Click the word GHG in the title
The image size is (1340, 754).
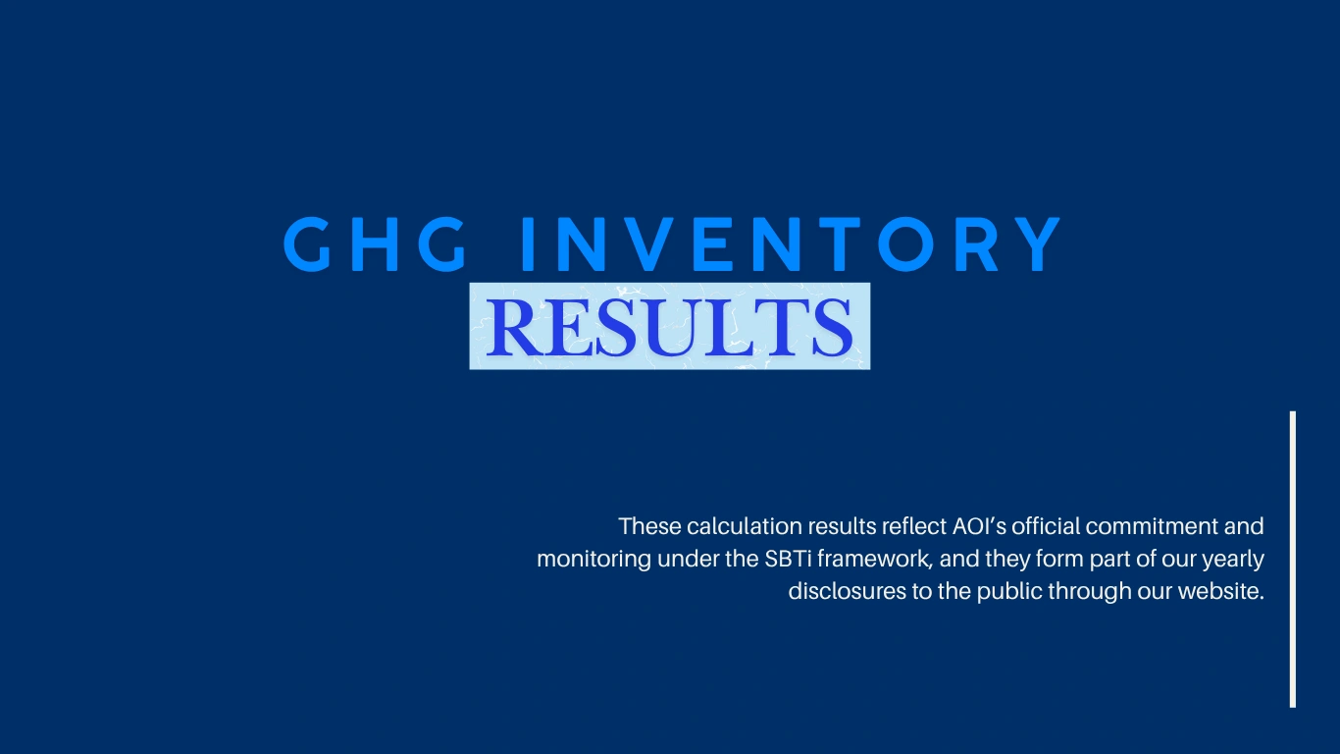click(x=375, y=244)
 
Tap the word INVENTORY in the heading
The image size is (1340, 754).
click(x=791, y=244)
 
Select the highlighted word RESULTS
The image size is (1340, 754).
click(x=669, y=327)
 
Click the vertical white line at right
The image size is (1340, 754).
click(x=1293, y=560)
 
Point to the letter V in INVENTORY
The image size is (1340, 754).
click(x=648, y=244)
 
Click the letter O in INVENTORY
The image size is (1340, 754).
click(x=905, y=244)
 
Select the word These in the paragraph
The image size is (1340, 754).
click(x=649, y=526)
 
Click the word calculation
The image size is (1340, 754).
click(x=745, y=526)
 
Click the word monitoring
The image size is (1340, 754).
click(x=594, y=560)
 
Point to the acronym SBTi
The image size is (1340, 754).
click(x=788, y=559)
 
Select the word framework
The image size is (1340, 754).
click(x=874, y=559)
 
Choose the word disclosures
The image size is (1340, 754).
click(x=848, y=591)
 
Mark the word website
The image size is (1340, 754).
click(x=1221, y=591)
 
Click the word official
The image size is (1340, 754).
click(x=1046, y=526)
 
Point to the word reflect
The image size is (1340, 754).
click(x=914, y=526)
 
